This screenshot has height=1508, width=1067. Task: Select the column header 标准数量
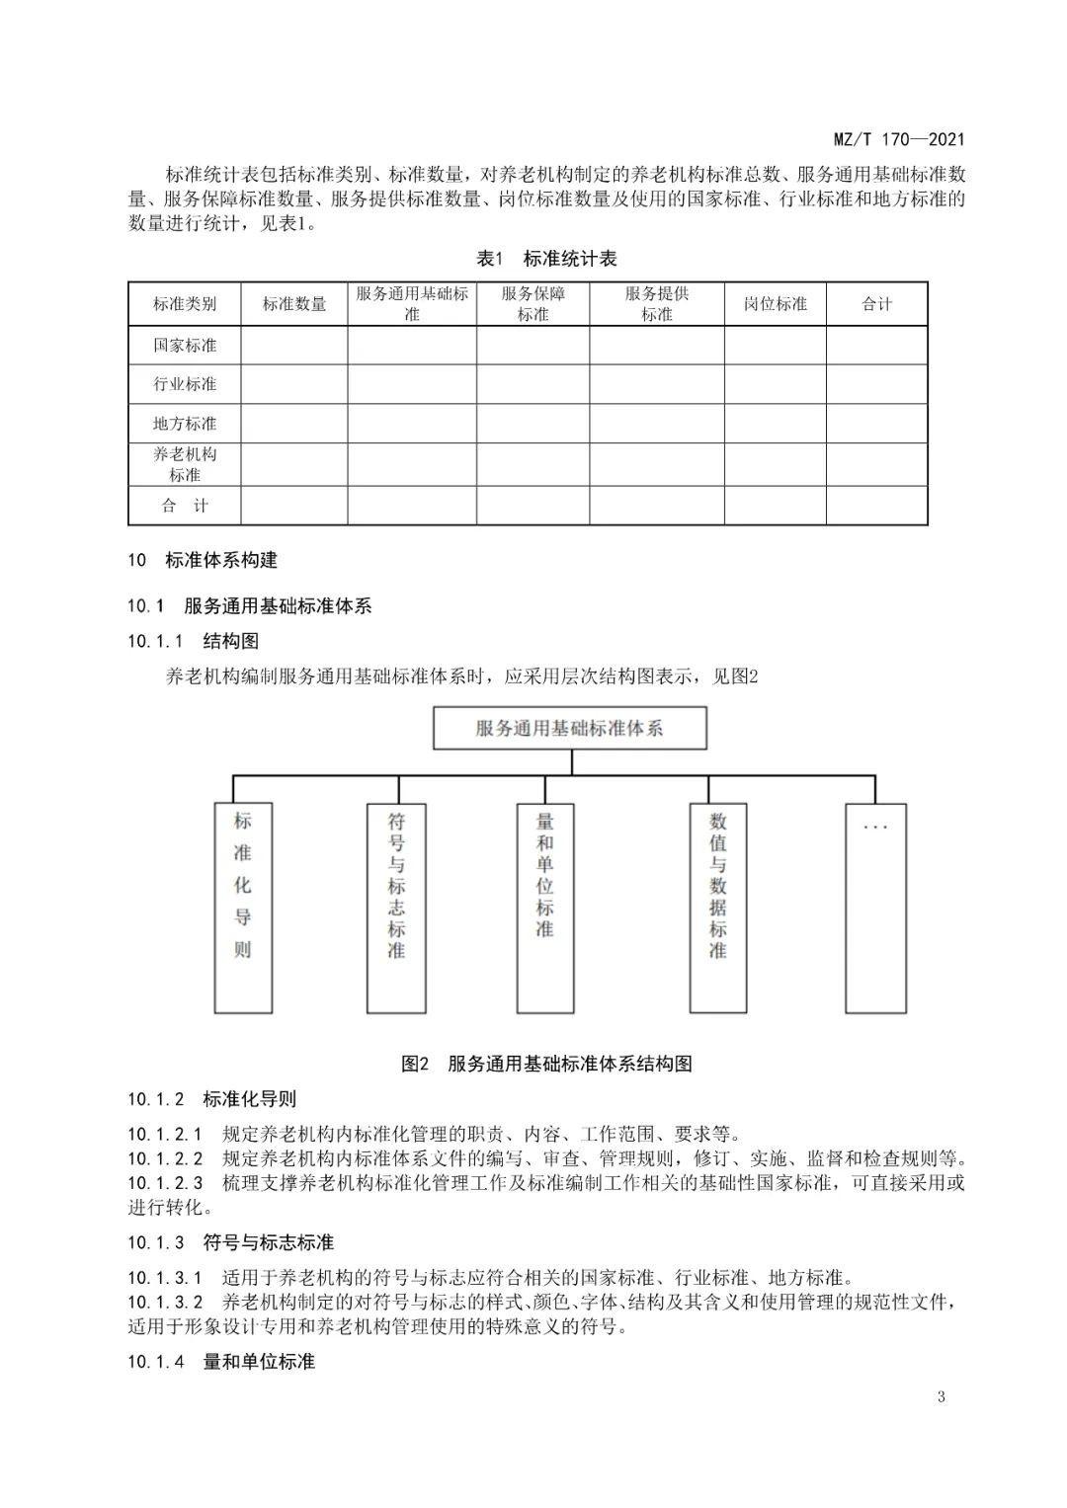294,304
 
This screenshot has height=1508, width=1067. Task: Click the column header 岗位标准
776,304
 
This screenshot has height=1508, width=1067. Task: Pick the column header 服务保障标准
533,304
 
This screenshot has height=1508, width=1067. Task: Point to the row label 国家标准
185,346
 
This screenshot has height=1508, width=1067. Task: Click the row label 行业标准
185,384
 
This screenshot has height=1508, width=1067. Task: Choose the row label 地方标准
185,424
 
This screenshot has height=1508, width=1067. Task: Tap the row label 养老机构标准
185,464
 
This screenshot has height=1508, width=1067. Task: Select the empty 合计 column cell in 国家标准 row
876,346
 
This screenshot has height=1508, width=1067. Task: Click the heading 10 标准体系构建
203,560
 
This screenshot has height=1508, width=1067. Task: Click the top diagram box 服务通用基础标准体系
570,729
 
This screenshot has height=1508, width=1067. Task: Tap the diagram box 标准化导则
243,907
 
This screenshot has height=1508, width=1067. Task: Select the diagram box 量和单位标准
544,907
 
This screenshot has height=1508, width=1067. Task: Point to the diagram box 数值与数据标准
717,907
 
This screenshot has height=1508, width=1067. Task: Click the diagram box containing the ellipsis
875,907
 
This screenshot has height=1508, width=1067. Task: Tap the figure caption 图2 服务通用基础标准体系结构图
546,1064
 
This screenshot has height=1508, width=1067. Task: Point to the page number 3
941,1396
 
